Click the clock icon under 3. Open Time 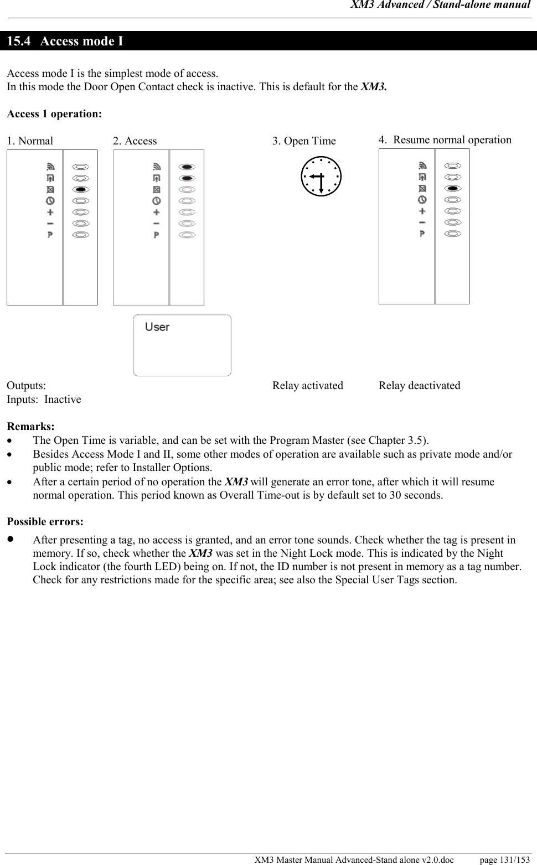(321, 177)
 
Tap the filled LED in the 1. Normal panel (81, 189)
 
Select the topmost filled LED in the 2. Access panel (187, 167)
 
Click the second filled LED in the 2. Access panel (187, 178)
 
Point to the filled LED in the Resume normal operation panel (453, 188)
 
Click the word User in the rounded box (157, 327)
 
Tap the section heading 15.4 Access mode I (65, 42)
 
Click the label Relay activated (307, 386)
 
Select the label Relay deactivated (419, 386)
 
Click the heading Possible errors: (45, 522)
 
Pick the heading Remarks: (30, 427)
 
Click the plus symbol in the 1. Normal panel (50, 212)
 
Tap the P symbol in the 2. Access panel (157, 235)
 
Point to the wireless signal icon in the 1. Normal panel (50, 166)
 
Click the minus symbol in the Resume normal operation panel (422, 222)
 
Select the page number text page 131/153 (504, 859)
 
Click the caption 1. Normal (30, 141)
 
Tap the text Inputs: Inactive (44, 400)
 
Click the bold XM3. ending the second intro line (374, 87)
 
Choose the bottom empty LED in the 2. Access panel (187, 235)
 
